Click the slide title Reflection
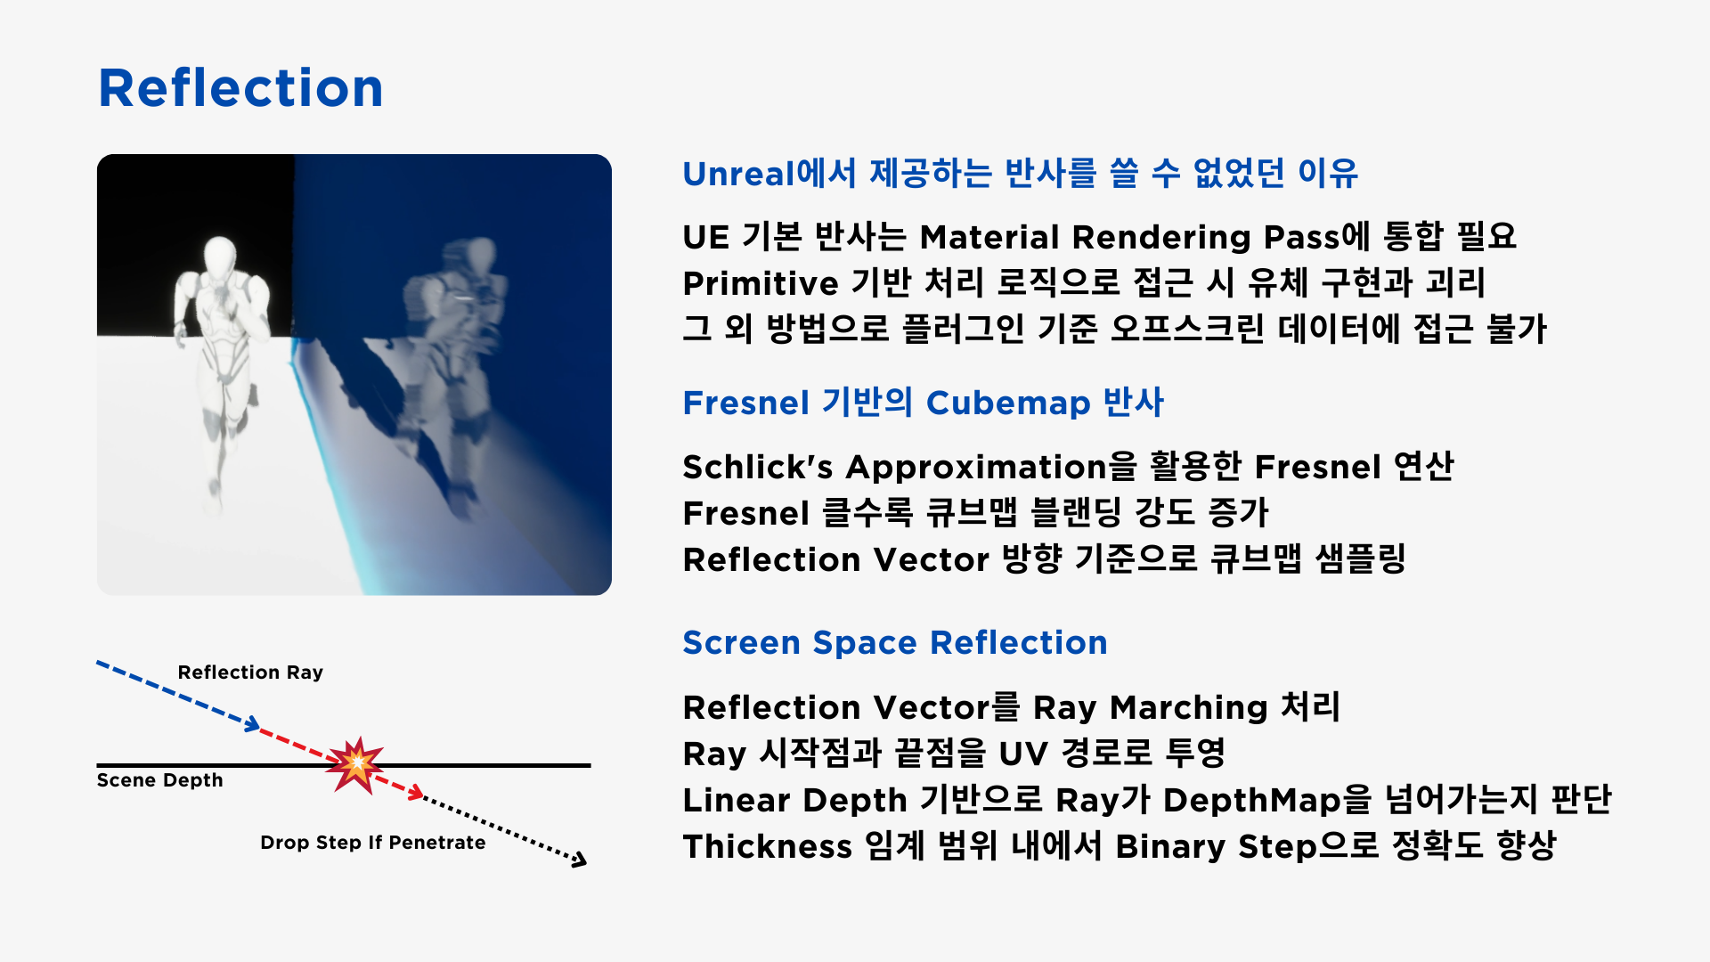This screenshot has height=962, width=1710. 240,88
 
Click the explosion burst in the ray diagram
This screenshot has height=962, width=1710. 355,763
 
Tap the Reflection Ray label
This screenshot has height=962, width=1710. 250,673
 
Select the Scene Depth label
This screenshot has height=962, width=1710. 159,780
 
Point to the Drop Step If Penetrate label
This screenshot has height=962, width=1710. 373,843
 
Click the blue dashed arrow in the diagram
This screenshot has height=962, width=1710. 177,696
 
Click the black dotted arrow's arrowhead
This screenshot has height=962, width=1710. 580,859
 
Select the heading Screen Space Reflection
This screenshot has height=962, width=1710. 895,643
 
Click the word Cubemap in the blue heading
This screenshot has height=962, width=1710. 1008,404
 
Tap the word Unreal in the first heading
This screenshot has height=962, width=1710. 738,174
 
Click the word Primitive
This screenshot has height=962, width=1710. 761,283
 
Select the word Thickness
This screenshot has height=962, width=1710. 768,846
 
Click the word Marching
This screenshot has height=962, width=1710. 1189,708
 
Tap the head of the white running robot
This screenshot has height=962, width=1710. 220,256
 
